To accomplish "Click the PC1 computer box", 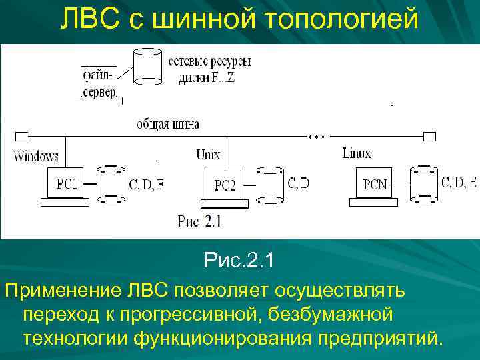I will click(x=67, y=184).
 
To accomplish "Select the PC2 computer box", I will click(x=225, y=185).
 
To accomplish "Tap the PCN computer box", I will click(x=375, y=184).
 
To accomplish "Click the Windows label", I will click(x=36, y=157).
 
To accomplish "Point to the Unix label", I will click(x=208, y=155).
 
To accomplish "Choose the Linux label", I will click(x=356, y=153).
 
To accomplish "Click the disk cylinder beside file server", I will click(x=149, y=67).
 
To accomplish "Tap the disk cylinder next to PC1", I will click(x=111, y=183).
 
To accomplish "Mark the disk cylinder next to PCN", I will click(x=424, y=183).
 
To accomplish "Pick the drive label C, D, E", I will click(x=459, y=181).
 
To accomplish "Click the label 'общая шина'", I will click(x=168, y=124).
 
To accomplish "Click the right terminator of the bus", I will click(x=429, y=137).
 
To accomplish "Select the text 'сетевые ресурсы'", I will click(x=209, y=62).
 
